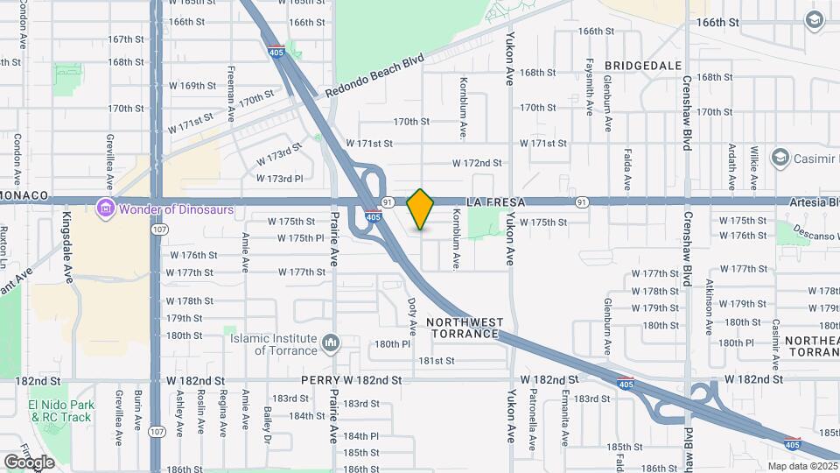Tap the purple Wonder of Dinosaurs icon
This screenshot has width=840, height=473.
tap(106, 208)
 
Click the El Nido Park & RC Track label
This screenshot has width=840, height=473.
tap(59, 411)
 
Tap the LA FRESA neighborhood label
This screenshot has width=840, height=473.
tap(495, 202)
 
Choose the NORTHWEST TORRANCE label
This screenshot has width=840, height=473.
tap(465, 328)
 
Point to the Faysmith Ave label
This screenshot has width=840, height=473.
tap(590, 84)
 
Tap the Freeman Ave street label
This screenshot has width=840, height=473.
tap(231, 94)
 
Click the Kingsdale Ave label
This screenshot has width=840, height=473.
tap(68, 246)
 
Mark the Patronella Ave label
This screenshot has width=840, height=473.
tap(532, 417)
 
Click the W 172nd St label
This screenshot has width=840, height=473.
tap(477, 163)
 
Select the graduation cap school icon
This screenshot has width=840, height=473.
tap(815, 19)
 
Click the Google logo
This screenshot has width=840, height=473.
tap(29, 462)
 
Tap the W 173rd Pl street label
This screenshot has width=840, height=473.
tap(279, 179)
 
